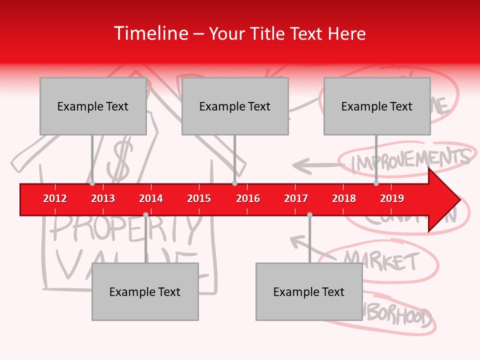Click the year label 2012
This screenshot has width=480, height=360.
pos(55,198)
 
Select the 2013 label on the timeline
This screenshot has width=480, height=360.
pos(103,198)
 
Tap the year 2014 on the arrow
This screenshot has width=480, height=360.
pos(151,198)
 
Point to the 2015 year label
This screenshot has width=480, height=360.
pos(199,198)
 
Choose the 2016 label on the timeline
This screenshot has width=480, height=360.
pos(248,198)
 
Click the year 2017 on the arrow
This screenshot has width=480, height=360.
pos(296,198)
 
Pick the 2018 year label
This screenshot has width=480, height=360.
pos(344,198)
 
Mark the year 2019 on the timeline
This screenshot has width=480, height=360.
pos(392,198)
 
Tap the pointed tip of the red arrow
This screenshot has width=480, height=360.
pos(458,199)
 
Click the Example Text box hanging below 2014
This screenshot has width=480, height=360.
pos(145,291)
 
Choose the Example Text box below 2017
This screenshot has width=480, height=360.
pos(309,291)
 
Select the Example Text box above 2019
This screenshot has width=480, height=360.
pos(377,106)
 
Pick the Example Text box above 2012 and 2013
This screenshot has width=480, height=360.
pos(93,106)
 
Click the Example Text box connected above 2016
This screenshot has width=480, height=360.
pos(235,106)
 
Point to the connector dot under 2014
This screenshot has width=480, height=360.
pos(145,214)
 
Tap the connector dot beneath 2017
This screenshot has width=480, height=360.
pos(309,214)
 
